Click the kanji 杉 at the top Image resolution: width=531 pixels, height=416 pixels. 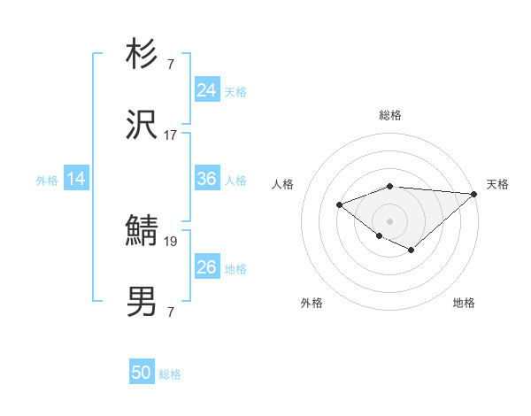142,55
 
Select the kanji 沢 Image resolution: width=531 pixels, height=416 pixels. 142,126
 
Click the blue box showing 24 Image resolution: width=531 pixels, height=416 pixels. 207,90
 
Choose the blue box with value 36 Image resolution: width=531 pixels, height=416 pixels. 207,179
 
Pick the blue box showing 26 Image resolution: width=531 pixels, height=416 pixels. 207,267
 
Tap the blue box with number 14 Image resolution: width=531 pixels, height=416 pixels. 76,179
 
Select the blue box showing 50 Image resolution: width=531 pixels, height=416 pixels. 142,373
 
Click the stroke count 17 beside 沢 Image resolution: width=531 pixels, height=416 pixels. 170,135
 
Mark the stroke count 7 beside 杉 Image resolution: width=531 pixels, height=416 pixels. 170,65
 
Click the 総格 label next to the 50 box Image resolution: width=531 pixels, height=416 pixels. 170,374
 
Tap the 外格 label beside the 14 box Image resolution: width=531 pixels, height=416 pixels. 47,181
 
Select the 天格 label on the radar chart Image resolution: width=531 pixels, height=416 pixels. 497,184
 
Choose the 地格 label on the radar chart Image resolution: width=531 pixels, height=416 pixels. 464,303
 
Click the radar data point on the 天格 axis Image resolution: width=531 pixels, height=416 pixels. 474,194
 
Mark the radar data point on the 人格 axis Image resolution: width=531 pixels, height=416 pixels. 340,205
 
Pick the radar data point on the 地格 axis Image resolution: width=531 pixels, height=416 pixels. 412,250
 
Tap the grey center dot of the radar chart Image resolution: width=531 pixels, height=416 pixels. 390,221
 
